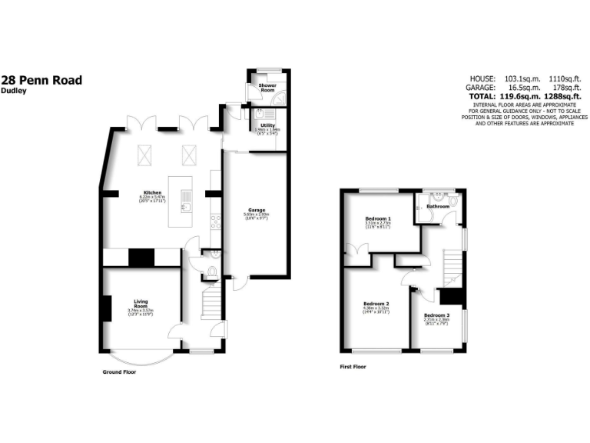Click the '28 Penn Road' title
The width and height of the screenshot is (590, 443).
coord(41,79)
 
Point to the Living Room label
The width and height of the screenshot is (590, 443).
coord(141,302)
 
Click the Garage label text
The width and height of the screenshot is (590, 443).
coord(256,209)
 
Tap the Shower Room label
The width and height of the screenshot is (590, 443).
coord(267,88)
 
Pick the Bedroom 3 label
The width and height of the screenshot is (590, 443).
coord(436,315)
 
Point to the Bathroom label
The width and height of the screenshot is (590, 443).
coord(439,206)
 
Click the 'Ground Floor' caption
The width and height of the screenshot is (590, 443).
coord(119,371)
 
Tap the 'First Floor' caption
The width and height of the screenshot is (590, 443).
coord(353,367)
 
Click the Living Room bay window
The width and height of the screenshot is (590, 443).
coord(141,358)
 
